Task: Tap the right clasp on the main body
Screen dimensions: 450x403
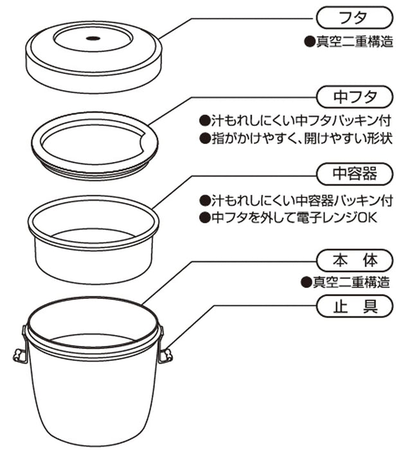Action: click(x=166, y=353)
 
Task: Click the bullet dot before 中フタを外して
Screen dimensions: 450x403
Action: click(x=205, y=217)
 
